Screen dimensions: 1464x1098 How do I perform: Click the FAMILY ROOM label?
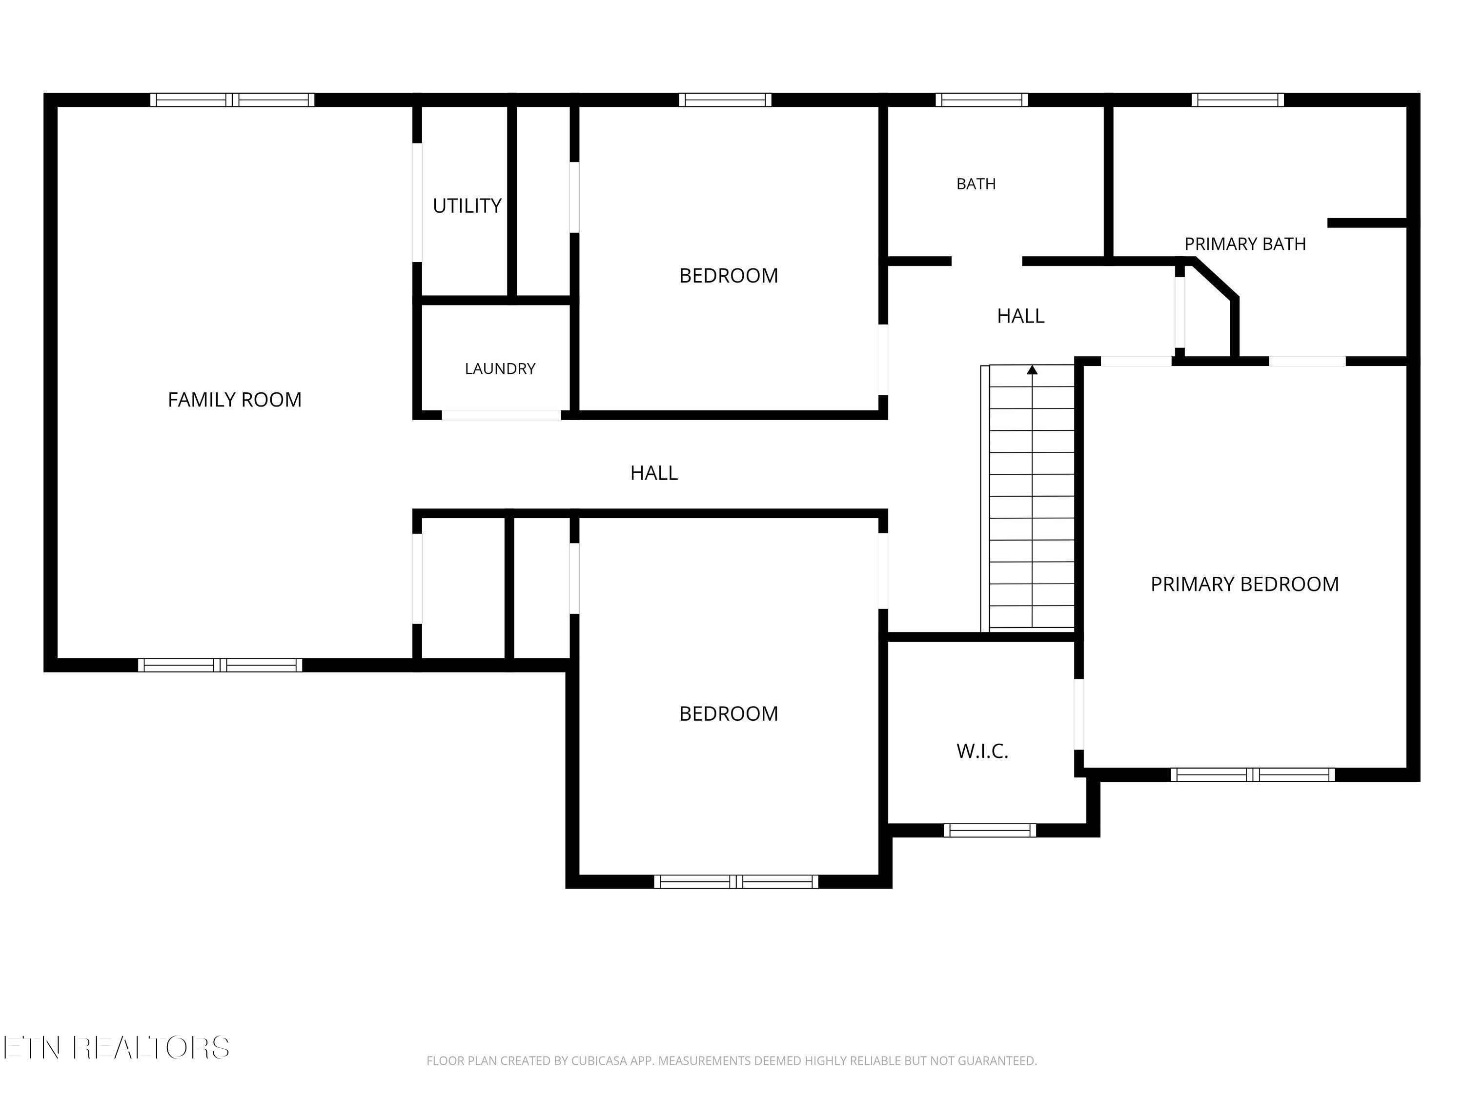tap(234, 400)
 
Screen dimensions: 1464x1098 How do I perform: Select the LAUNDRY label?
tap(500, 368)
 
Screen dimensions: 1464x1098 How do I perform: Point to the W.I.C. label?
tap(982, 751)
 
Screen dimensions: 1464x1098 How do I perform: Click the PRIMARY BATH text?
tap(1245, 244)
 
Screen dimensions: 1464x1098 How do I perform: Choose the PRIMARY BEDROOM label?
tap(1244, 584)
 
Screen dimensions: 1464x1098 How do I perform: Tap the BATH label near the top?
tap(976, 184)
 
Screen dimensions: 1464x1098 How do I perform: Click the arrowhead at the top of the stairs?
tap(1032, 369)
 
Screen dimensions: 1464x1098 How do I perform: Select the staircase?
tap(1027, 497)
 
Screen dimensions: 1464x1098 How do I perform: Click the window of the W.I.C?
tap(990, 830)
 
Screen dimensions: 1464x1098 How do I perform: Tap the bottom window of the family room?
tap(220, 665)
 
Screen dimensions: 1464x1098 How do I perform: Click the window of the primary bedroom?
tap(1252, 774)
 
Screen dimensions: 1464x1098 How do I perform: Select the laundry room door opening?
tap(502, 415)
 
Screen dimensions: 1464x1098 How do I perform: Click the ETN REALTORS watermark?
tap(117, 1048)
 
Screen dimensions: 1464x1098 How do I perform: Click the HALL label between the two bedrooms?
tap(654, 472)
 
